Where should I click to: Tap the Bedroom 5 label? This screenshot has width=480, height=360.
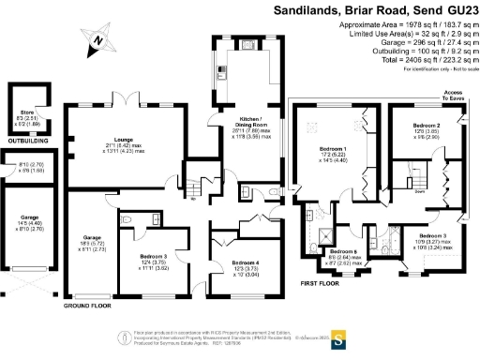(342, 252)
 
